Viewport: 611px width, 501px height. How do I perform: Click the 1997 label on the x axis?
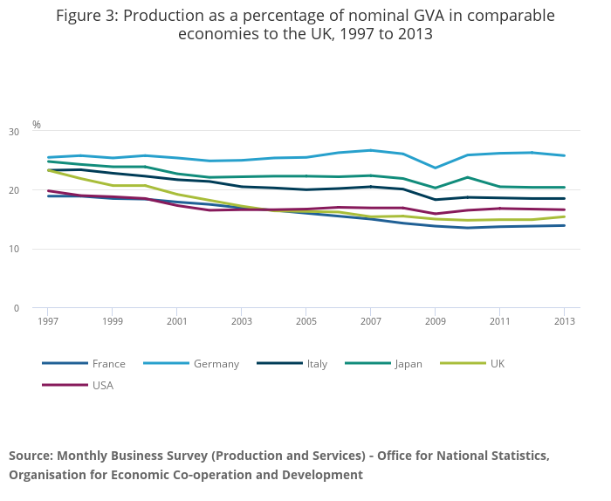pyautogui.click(x=48, y=321)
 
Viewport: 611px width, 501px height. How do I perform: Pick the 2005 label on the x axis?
pyautogui.click(x=305, y=321)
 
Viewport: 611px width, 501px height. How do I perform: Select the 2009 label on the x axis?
pyautogui.click(x=435, y=321)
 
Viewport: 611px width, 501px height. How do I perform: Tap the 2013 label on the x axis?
pyautogui.click(x=564, y=321)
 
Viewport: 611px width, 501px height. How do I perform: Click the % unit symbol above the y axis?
pyautogui.click(x=37, y=125)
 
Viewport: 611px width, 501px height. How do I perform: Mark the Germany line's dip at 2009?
pyautogui.click(x=435, y=168)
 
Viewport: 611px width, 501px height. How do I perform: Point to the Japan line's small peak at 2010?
pyautogui.click(x=467, y=177)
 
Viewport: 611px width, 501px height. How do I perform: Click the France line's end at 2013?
pyautogui.click(x=564, y=225)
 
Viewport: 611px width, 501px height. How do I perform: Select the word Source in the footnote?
pyautogui.click(x=31, y=456)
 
